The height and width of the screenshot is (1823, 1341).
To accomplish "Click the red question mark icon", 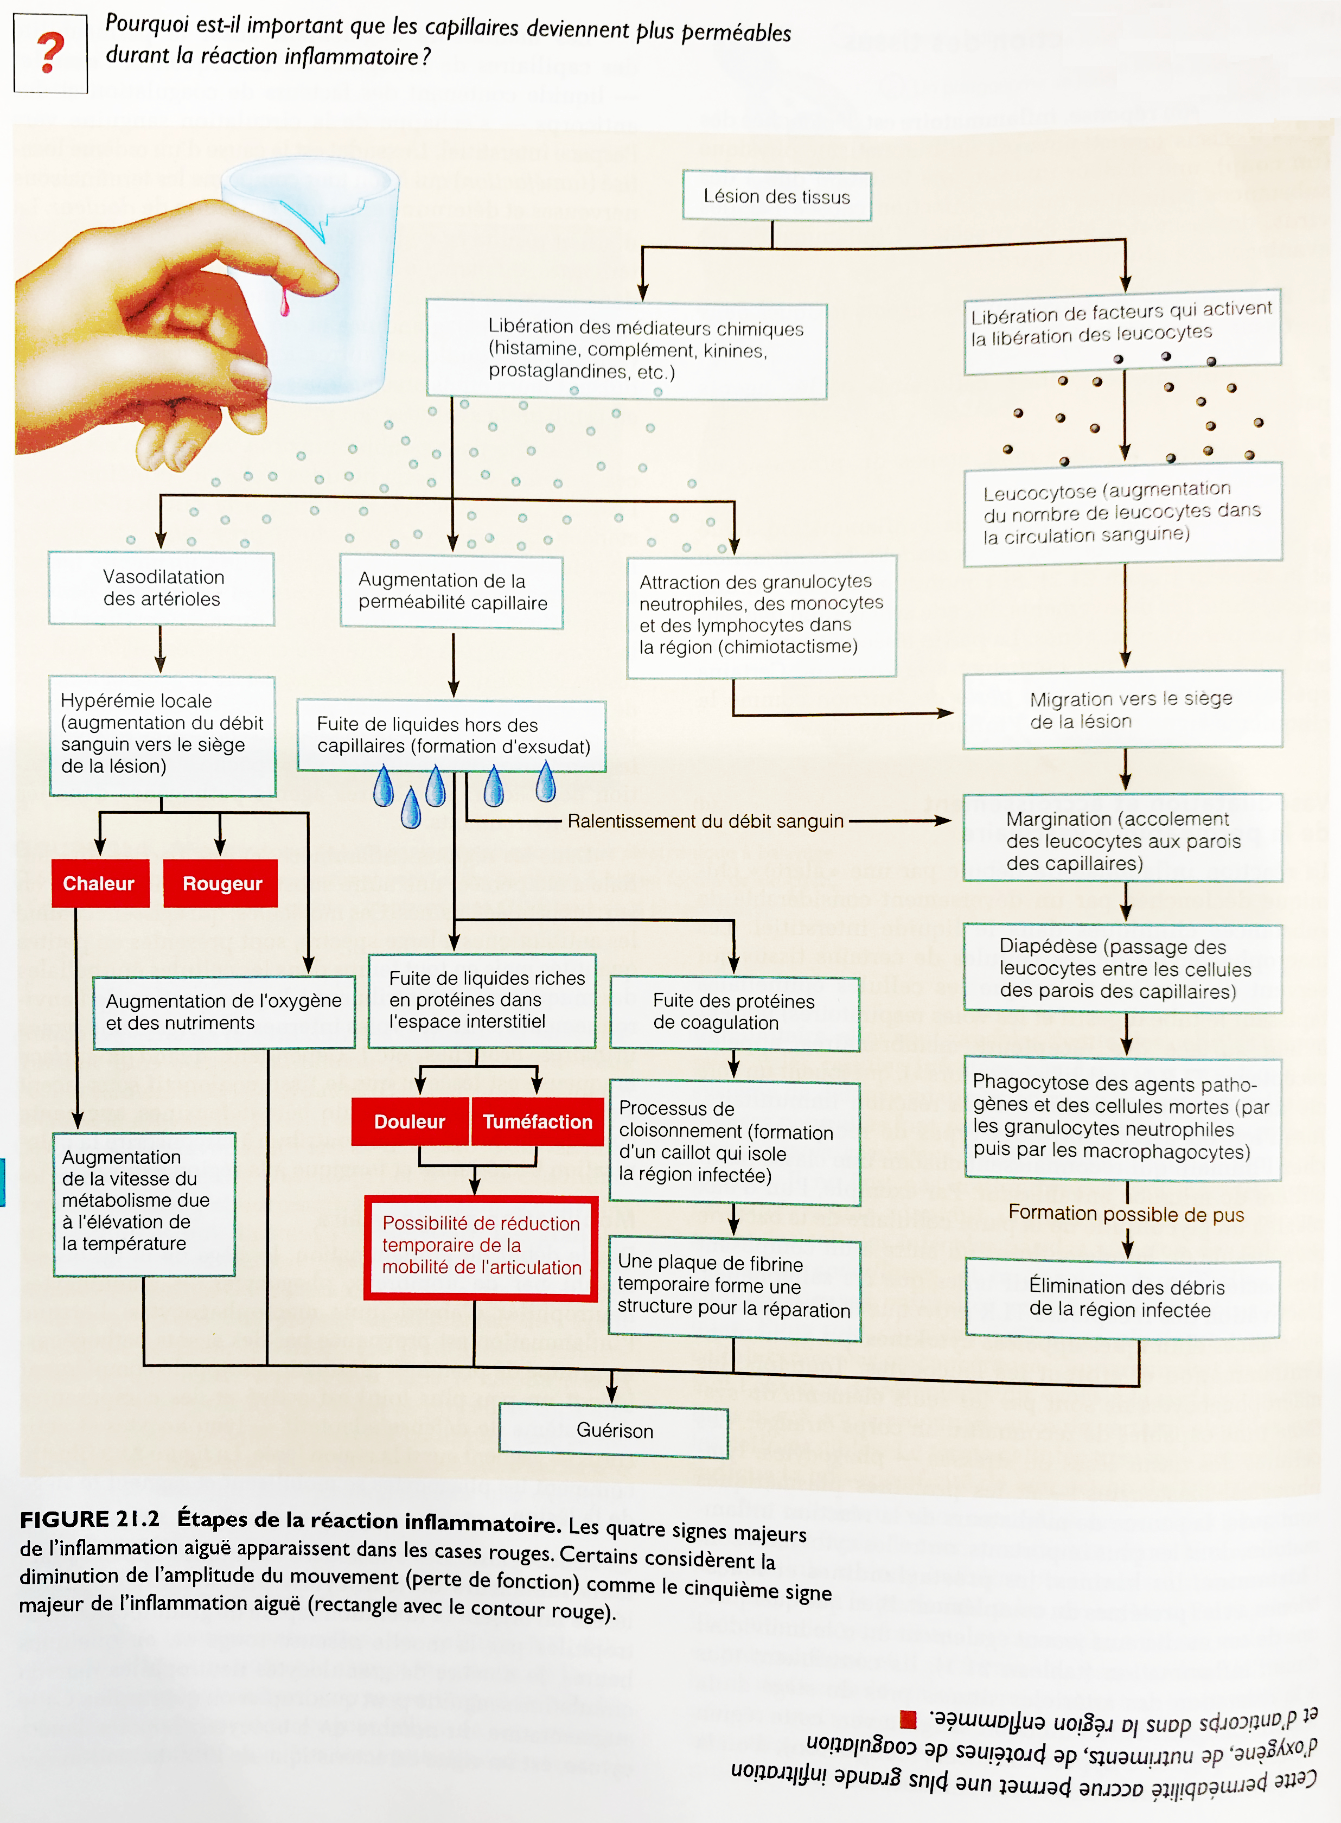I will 50,54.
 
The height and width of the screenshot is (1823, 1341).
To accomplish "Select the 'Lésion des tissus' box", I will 777,196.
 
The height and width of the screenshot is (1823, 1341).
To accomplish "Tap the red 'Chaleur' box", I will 100,883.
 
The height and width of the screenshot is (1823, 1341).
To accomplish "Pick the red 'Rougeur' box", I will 221,883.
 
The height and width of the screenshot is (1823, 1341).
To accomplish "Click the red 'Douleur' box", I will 410,1121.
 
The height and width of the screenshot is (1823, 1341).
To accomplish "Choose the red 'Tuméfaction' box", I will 538,1121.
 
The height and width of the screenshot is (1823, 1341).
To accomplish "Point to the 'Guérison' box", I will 614,1430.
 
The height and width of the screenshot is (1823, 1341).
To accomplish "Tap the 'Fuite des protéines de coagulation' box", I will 734,1012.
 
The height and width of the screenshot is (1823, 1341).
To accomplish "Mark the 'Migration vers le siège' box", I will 1122,709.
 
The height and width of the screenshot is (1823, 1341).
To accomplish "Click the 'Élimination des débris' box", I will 1122,1298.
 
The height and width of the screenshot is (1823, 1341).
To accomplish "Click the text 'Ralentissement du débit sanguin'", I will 705,821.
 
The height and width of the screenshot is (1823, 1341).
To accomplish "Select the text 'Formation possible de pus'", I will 1126,1214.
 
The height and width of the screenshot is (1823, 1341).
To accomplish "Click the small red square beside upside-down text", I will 908,1718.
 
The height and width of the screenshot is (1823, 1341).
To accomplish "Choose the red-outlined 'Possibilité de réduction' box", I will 481,1246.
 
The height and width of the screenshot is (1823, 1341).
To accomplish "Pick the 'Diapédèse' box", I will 1122,968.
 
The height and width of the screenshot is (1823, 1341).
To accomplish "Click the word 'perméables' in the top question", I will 736,33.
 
